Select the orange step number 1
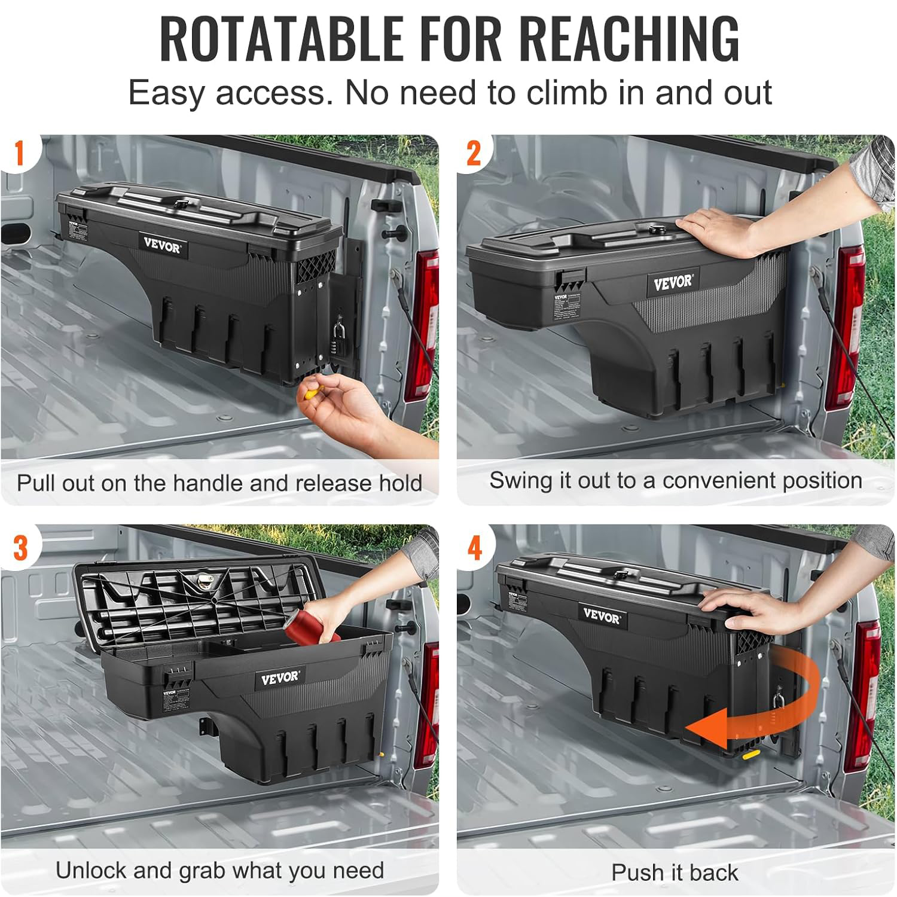tap(19, 154)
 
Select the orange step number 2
tap(474, 154)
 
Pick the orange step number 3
tap(20, 548)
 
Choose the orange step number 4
tap(475, 548)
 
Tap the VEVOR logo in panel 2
tap(673, 282)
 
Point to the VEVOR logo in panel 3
tap(280, 678)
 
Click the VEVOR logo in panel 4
tap(602, 616)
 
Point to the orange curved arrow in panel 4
tap(771, 703)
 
